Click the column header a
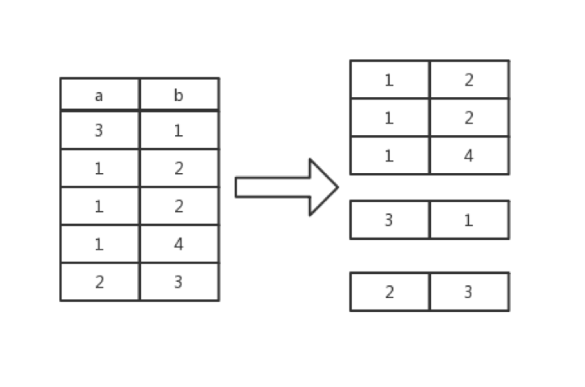99,95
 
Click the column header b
178,95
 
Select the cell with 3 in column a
99,129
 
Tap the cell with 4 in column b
178,243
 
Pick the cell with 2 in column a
99,281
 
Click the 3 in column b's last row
178,281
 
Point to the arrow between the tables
286,187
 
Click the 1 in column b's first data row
178,129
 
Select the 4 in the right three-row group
469,155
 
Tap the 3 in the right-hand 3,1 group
389,220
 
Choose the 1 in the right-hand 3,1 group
469,220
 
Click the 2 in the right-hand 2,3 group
389,292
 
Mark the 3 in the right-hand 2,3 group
469,292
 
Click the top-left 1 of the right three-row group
389,79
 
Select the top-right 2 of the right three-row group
469,79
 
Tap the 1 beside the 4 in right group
389,155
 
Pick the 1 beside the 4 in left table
99,243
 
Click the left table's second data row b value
178,168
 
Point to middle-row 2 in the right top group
469,117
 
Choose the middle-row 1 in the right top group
389,117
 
